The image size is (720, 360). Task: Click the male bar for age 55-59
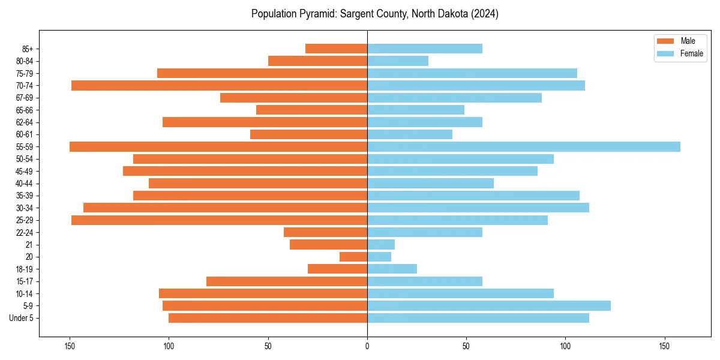coord(218,146)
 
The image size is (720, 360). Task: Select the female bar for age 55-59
coord(523,146)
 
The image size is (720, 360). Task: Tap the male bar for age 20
coord(353,257)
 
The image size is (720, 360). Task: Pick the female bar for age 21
coord(381,244)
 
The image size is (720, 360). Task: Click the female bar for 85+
coord(425,49)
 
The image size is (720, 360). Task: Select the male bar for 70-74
coord(219,85)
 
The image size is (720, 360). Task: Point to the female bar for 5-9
coord(489,305)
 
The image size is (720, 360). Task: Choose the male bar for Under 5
coord(268,318)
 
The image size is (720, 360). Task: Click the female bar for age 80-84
coord(398,61)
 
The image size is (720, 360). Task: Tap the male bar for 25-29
coord(219,220)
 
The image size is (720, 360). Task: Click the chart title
coord(375,14)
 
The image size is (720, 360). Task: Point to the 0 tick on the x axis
coord(367,346)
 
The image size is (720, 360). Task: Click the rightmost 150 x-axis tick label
coord(664,346)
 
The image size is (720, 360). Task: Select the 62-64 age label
coord(25,122)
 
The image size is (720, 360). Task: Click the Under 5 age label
coord(22,318)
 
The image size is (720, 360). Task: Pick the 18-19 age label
coord(25,269)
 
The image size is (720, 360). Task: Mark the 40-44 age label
coord(25,183)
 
